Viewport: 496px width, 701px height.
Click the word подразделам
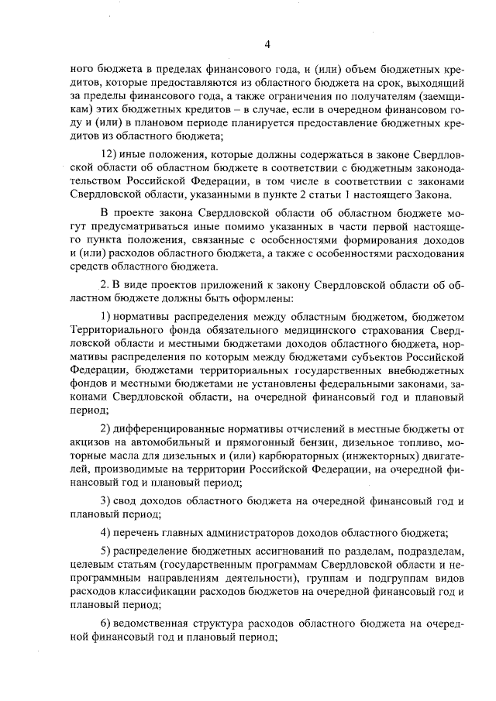point(430,552)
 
